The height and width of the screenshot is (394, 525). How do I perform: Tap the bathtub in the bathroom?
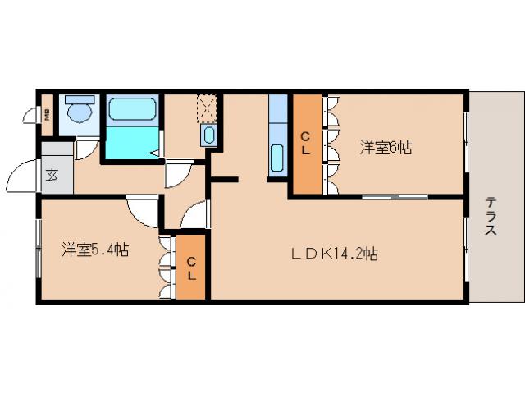pyautogui.click(x=132, y=109)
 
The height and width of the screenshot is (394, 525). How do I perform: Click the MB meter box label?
pyautogui.click(x=48, y=115)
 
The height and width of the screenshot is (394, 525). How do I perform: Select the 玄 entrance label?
pyautogui.click(x=52, y=174)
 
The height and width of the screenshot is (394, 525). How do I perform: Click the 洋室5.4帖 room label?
pyautogui.click(x=94, y=250)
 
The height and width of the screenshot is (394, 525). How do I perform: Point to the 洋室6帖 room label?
pyautogui.click(x=386, y=148)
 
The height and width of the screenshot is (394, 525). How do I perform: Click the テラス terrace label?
pyautogui.click(x=490, y=216)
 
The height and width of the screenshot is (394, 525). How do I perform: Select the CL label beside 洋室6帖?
pyautogui.click(x=305, y=144)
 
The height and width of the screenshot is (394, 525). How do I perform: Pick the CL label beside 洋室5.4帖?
pyautogui.click(x=191, y=268)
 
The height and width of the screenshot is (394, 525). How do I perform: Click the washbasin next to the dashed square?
pyautogui.click(x=209, y=135)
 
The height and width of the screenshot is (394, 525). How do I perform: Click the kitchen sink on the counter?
pyautogui.click(x=276, y=155)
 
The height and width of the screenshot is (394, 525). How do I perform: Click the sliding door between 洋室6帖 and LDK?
pyautogui.click(x=395, y=197)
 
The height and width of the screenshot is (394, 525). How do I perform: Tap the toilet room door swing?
pyautogui.click(x=87, y=149)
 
